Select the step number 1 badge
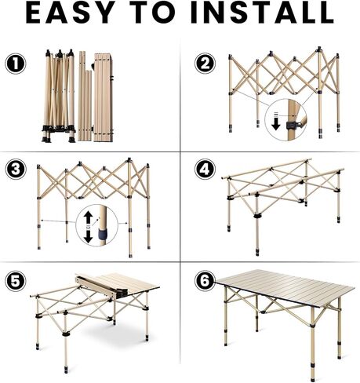pos(15,63)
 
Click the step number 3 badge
pos(15,170)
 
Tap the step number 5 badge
pos(15,280)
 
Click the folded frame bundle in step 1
pos(59,96)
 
